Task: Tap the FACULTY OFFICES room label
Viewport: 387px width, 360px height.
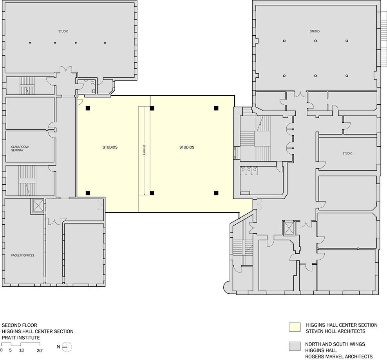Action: (23, 255)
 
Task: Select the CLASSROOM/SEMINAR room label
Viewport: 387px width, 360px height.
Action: (20, 149)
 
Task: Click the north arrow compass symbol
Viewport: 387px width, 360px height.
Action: (67, 347)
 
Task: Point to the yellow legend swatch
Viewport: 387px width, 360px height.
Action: (295, 327)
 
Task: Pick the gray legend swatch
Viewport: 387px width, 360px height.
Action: (295, 346)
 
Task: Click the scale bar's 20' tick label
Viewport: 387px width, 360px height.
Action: (40, 350)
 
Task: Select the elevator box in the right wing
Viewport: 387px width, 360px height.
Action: (289, 228)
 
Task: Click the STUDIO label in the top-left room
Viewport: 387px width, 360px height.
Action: (63, 31)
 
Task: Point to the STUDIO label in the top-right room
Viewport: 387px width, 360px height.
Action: (315, 31)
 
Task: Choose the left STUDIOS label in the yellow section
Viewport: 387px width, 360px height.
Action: (110, 147)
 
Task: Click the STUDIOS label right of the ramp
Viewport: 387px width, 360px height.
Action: (187, 147)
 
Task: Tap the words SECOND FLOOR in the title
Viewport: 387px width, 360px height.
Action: (20, 325)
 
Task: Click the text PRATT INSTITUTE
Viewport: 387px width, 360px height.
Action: (21, 338)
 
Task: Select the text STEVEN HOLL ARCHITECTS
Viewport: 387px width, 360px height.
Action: (336, 331)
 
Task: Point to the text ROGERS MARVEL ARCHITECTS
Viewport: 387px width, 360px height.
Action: (339, 356)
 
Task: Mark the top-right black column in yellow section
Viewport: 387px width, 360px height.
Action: (216, 108)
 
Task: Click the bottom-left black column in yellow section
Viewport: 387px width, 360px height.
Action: (88, 193)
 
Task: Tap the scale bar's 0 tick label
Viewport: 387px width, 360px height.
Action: (2, 350)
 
